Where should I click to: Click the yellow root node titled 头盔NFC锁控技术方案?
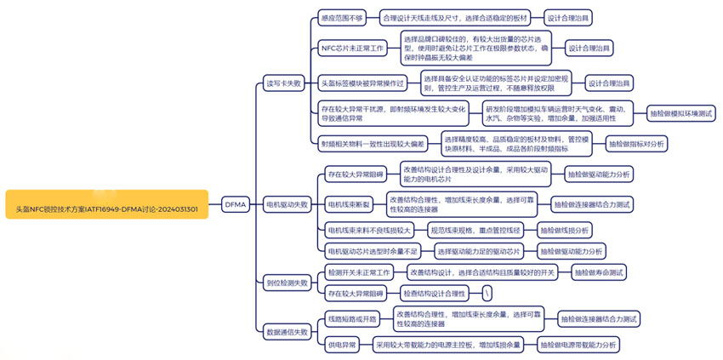tap(107, 204)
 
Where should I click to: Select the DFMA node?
tap(235, 204)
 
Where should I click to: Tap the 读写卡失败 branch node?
tap(283, 83)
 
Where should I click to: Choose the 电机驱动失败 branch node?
tap(287, 204)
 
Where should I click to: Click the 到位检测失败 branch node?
tap(287, 283)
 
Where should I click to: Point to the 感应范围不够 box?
tap(341, 17)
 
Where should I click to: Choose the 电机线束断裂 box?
tap(350, 204)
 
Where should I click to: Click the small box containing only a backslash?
tap(487, 294)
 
